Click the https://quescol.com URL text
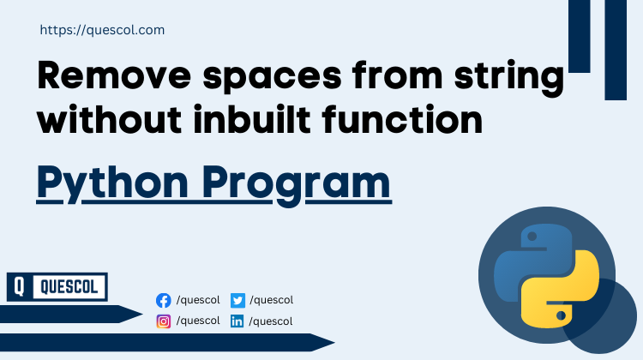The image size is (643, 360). [102, 30]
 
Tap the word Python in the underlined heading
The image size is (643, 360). [104, 184]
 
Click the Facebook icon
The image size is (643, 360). [164, 300]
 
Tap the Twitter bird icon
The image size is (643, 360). [238, 300]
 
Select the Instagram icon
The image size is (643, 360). [164, 321]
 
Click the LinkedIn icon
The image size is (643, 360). [238, 321]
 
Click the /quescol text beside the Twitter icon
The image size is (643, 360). [272, 300]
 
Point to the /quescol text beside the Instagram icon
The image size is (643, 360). [197, 321]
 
